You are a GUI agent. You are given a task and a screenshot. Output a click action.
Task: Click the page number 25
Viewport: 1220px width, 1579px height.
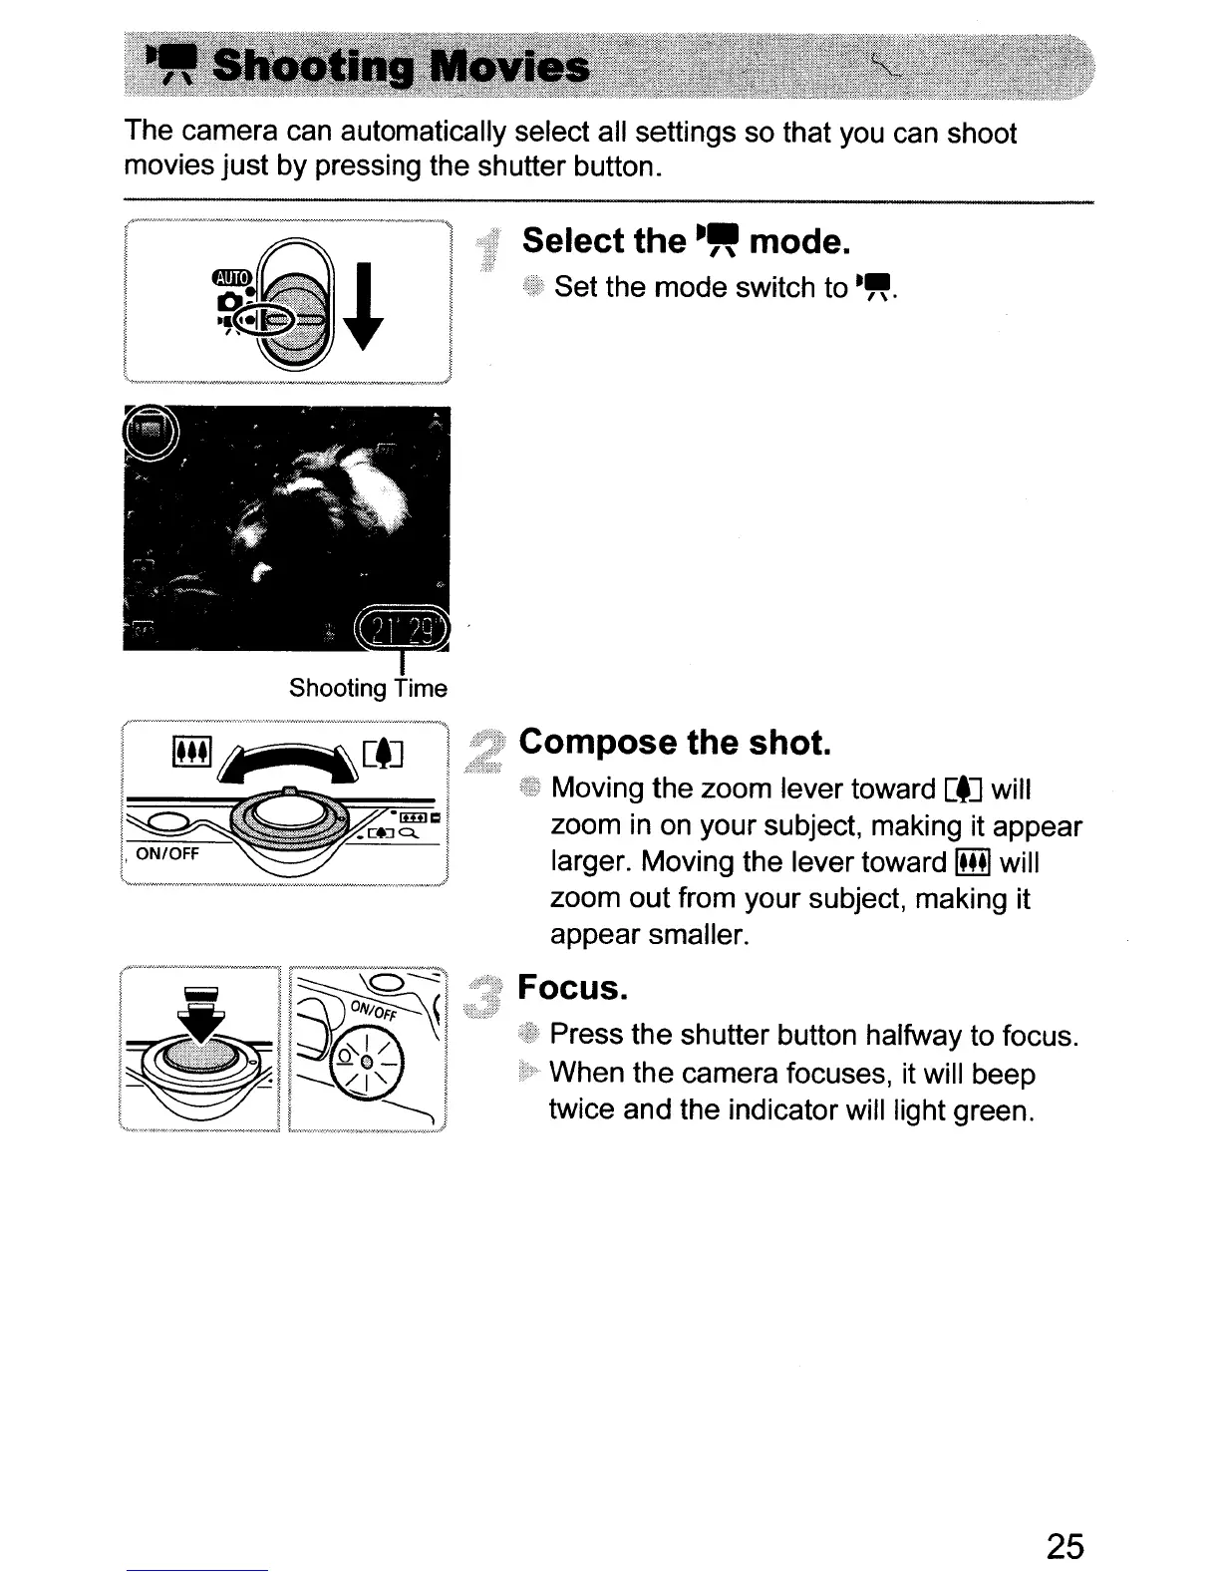tap(1065, 1546)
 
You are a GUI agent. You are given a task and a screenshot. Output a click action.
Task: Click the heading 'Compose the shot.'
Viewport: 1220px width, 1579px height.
tap(674, 743)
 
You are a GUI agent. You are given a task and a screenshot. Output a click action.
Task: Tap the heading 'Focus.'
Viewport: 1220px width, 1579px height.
tap(573, 988)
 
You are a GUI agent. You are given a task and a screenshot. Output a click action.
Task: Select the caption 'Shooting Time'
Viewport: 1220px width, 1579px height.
tap(368, 688)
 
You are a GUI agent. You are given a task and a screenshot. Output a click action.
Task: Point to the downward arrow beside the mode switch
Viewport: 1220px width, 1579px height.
tap(369, 304)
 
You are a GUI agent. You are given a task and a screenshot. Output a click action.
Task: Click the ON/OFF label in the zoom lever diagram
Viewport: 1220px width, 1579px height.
tap(167, 853)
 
